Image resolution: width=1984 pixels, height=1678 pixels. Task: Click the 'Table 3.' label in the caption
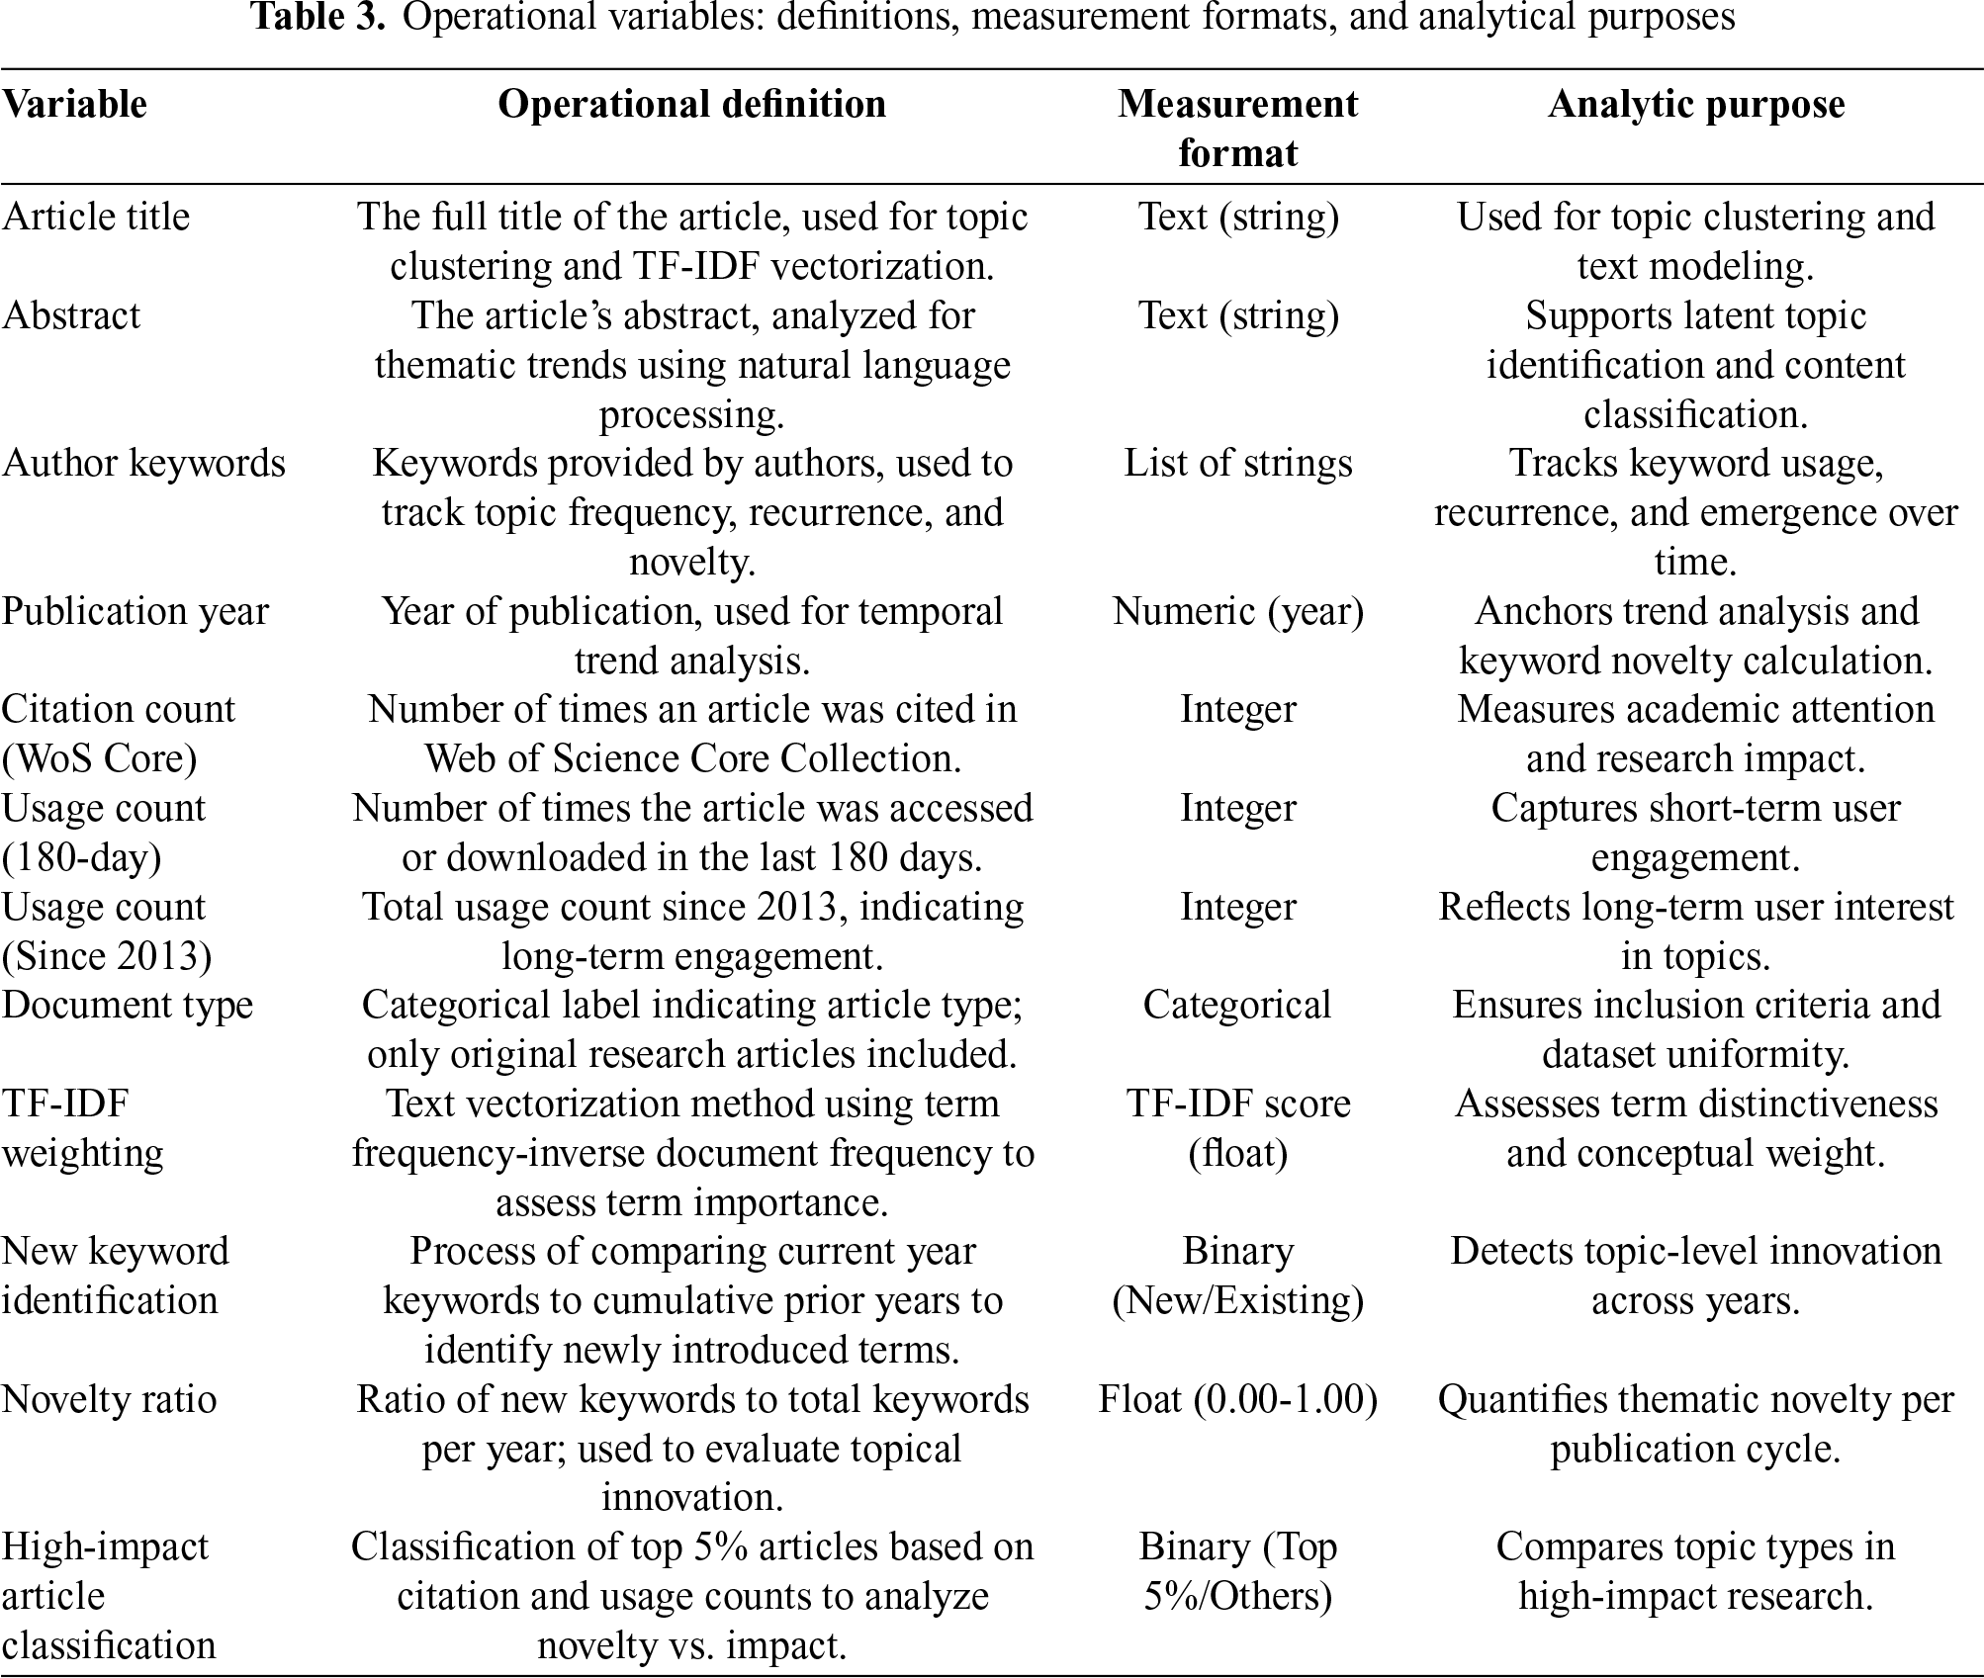pyautogui.click(x=317, y=18)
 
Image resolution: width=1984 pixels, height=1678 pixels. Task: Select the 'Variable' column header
pyautogui.click(x=74, y=104)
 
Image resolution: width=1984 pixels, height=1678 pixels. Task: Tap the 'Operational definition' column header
pyautogui.click(x=691, y=104)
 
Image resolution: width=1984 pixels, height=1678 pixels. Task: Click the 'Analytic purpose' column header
pyautogui.click(x=1695, y=104)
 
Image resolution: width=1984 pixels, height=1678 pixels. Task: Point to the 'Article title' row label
pyautogui.click(x=95, y=217)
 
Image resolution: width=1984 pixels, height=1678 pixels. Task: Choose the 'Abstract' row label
pyautogui.click(x=71, y=315)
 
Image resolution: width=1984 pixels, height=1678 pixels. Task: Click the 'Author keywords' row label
pyautogui.click(x=143, y=463)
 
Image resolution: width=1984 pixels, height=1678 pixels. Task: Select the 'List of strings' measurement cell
pyautogui.click(x=1237, y=463)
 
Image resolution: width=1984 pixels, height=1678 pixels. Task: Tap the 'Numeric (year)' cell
pyautogui.click(x=1237, y=611)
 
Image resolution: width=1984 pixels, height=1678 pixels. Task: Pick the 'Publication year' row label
pyautogui.click(x=135, y=611)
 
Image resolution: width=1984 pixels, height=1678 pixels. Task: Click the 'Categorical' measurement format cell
pyautogui.click(x=1237, y=1005)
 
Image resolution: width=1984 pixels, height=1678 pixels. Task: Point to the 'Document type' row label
pyautogui.click(x=128, y=1005)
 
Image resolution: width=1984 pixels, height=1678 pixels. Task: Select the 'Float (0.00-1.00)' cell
pyautogui.click(x=1237, y=1399)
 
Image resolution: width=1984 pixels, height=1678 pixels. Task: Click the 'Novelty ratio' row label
pyautogui.click(x=109, y=1399)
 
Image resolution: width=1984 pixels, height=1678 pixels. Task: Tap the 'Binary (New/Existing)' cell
pyautogui.click(x=1237, y=1276)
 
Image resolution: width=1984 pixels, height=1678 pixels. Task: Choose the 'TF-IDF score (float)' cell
pyautogui.click(x=1237, y=1128)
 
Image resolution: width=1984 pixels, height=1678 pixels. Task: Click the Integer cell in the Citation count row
pyautogui.click(x=1237, y=709)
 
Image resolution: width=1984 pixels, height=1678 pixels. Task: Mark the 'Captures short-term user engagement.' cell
pyautogui.click(x=1695, y=833)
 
